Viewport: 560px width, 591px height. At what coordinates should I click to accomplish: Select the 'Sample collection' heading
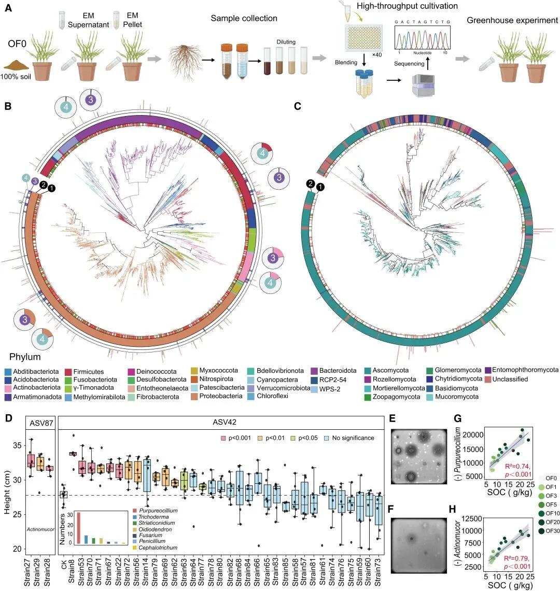(244, 19)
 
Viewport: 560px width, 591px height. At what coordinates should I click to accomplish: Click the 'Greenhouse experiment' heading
(512, 21)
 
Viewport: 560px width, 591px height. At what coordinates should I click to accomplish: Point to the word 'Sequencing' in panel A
(409, 64)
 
